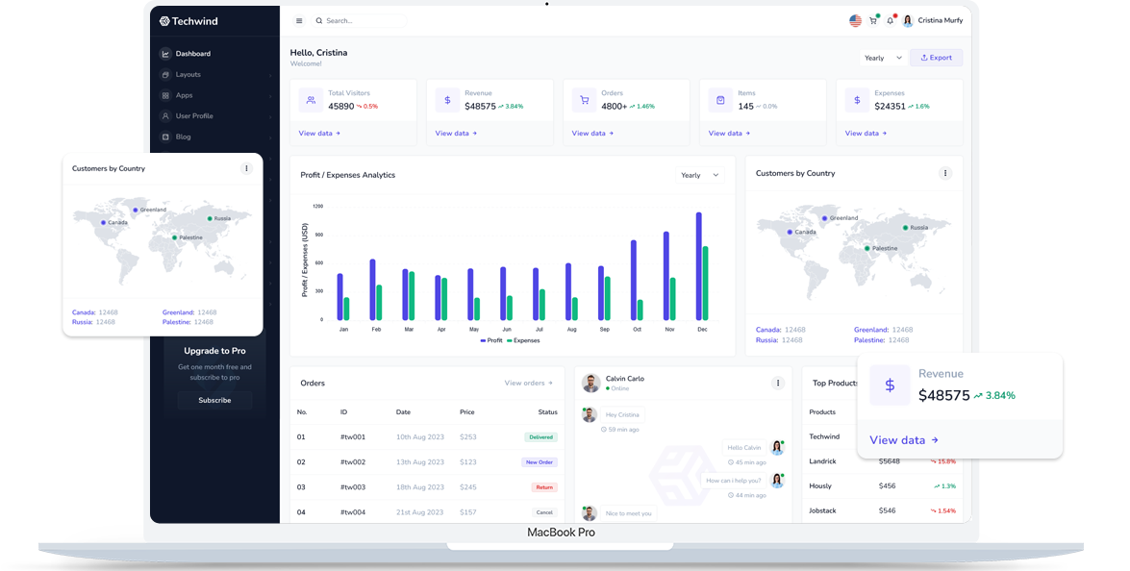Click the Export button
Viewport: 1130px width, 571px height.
(x=936, y=58)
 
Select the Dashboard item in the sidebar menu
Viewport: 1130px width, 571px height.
(x=192, y=54)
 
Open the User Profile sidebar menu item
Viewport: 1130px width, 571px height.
(x=194, y=116)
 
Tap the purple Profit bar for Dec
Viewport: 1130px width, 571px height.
(x=698, y=266)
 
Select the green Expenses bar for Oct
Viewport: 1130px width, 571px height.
(x=640, y=310)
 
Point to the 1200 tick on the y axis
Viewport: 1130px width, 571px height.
(x=317, y=206)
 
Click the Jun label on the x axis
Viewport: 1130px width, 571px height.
(x=506, y=329)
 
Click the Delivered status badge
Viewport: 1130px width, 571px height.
(x=540, y=437)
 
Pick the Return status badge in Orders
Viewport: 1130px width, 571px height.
(x=544, y=487)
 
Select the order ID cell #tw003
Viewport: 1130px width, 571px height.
(x=353, y=487)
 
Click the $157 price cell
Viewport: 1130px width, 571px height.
(x=468, y=512)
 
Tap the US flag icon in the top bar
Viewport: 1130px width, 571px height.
(x=855, y=20)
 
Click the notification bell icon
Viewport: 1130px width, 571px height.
(x=890, y=20)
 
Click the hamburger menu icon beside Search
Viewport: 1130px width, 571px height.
(x=299, y=20)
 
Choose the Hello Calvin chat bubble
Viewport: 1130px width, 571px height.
(x=743, y=447)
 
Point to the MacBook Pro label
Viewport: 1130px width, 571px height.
(x=561, y=533)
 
